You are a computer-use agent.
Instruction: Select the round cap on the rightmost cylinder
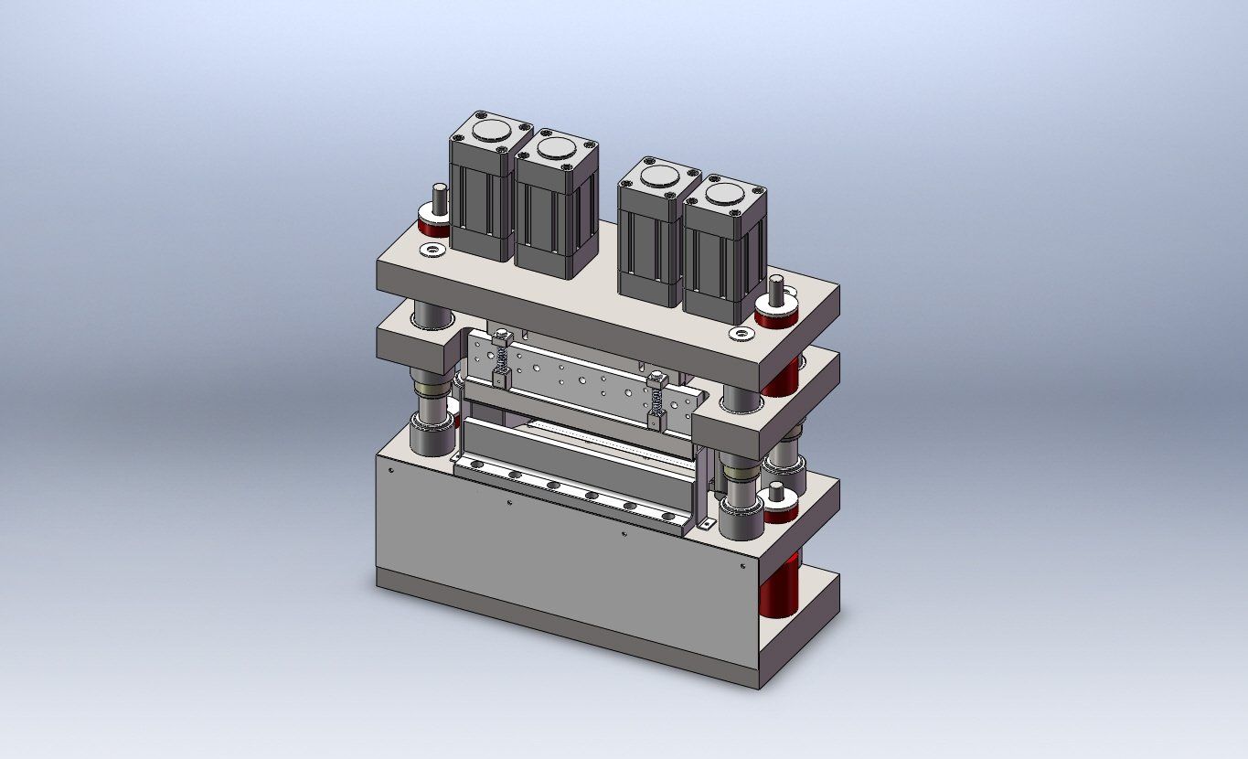[724, 194]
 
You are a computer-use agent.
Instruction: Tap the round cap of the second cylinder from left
[556, 147]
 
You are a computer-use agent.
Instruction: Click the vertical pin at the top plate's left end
[440, 199]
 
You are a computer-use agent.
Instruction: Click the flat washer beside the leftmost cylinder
[431, 249]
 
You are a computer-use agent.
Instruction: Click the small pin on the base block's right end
[776, 494]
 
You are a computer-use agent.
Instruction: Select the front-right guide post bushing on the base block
[741, 517]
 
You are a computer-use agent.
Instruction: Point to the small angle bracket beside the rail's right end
[706, 523]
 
